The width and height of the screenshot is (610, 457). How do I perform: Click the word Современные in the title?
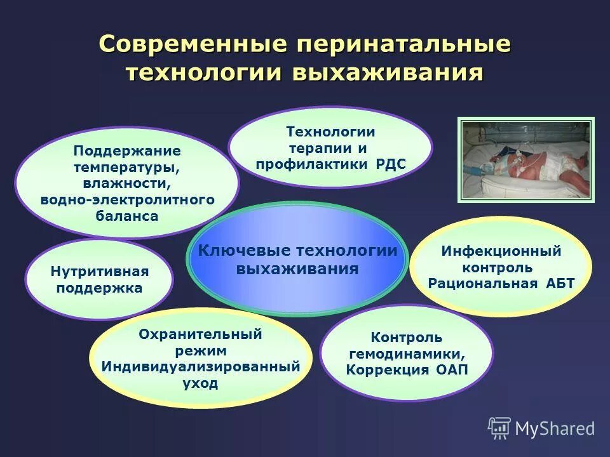(194, 45)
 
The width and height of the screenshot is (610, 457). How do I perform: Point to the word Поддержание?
(127, 151)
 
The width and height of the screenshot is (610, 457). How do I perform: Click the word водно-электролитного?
(127, 200)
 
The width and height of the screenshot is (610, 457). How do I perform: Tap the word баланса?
(127, 216)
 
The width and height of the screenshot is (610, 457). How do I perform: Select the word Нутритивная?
(99, 272)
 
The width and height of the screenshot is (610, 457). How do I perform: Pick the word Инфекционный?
(501, 251)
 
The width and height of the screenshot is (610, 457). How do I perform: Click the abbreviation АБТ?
(559, 284)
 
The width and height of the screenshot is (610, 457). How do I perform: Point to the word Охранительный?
(200, 334)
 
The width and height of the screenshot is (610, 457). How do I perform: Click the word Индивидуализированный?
(200, 367)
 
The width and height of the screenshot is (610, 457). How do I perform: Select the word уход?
(200, 383)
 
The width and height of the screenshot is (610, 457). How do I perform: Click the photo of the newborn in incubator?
(525, 160)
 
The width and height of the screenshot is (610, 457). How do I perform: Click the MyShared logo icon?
(499, 428)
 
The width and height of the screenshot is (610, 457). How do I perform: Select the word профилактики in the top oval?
(310, 165)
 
